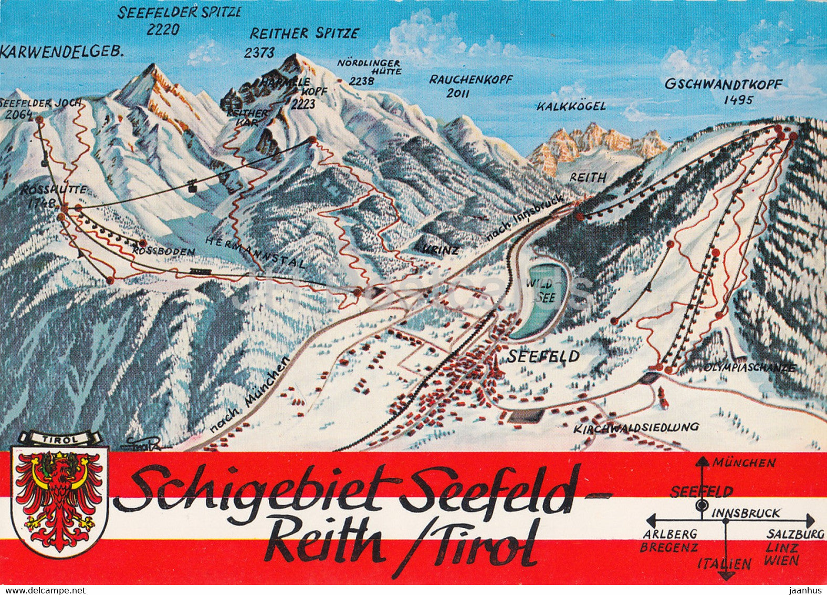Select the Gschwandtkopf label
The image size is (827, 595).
pos(724,84)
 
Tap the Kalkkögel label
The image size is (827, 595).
pos(571,107)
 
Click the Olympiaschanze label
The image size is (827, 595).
pos(749,367)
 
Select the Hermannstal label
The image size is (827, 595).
pos(256,252)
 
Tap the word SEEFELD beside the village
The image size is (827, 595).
pos(543,357)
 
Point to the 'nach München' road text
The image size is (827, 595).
pos(250,394)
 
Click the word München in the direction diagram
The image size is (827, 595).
pos(744,463)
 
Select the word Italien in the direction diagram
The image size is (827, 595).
pos(725,564)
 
